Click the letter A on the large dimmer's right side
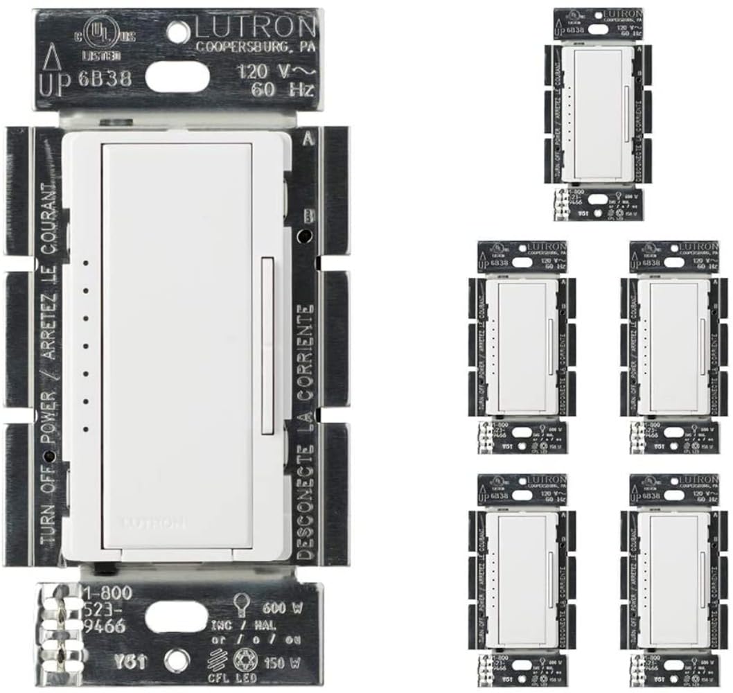(x=306, y=138)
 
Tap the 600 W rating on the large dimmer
(x=286, y=609)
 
